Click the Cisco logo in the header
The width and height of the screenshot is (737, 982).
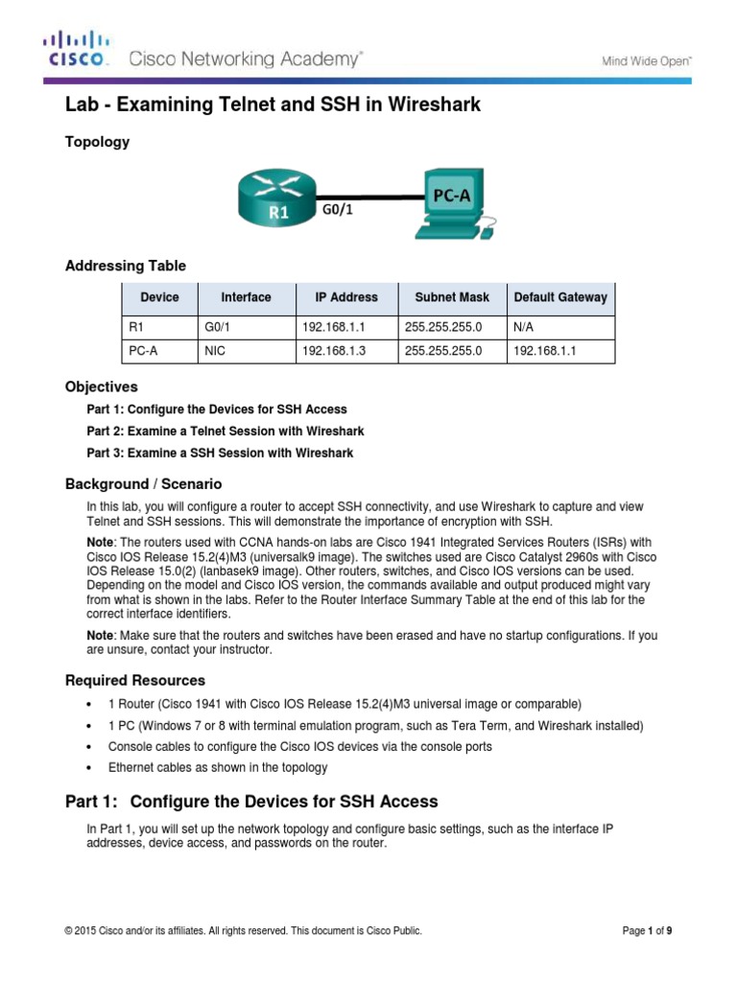click(x=78, y=49)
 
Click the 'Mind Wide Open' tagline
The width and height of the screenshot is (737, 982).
click(x=646, y=60)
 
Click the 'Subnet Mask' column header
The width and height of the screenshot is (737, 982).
click(x=452, y=297)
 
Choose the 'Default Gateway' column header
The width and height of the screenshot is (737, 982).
click(x=560, y=297)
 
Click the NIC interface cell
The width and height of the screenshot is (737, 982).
click(x=215, y=352)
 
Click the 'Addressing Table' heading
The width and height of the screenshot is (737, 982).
click(x=125, y=266)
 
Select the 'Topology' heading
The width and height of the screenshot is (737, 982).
click(x=97, y=142)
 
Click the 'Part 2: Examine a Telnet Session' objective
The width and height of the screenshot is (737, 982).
click(x=225, y=431)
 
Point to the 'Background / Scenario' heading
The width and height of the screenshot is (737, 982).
click(x=143, y=484)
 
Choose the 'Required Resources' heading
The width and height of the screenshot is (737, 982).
click(x=134, y=680)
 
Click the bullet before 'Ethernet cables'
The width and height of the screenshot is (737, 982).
click(x=89, y=768)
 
